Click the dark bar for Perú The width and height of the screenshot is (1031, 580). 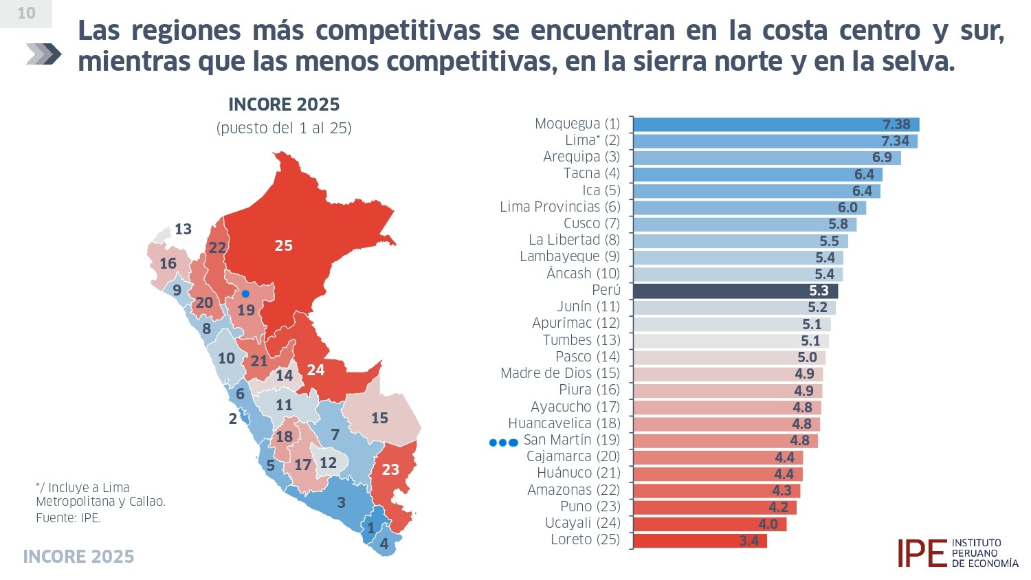pos(735,291)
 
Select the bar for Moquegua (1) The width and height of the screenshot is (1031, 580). pos(775,124)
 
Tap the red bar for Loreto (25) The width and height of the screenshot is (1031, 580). pos(699,541)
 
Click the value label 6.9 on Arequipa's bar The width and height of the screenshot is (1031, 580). pos(882,157)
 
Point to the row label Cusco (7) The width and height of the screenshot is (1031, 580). pos(591,223)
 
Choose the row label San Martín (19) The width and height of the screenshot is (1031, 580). pos(571,440)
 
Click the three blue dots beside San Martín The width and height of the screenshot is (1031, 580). pos(503,443)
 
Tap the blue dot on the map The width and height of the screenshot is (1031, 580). pos(245,293)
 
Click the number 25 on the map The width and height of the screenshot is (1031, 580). pos(283,245)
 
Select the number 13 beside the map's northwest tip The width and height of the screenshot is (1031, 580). pos(183,229)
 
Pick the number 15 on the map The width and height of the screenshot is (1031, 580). pos(379,418)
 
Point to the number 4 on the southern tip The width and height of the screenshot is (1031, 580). pos(384,544)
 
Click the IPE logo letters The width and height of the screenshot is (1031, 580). pos(921,553)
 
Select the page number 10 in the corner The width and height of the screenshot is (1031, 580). pos(26,13)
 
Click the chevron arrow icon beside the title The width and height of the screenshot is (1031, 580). pos(43,54)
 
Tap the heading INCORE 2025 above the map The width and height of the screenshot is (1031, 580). pos(284,104)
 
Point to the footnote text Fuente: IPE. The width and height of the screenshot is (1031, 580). pos(68,518)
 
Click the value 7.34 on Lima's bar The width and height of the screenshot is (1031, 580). pos(895,141)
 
